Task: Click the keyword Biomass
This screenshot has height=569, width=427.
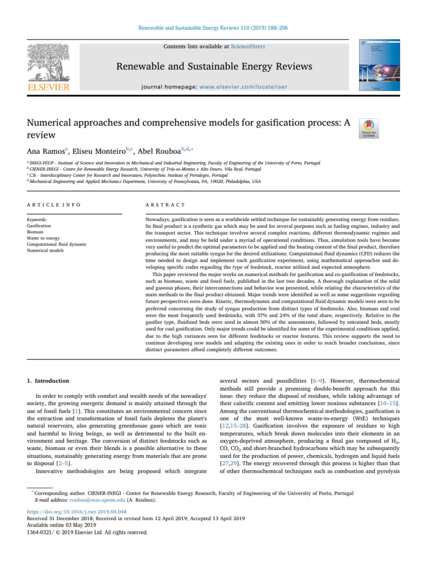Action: coord(37,231)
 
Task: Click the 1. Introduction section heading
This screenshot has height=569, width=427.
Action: coord(46,381)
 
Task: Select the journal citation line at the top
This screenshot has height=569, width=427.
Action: coord(213,27)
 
